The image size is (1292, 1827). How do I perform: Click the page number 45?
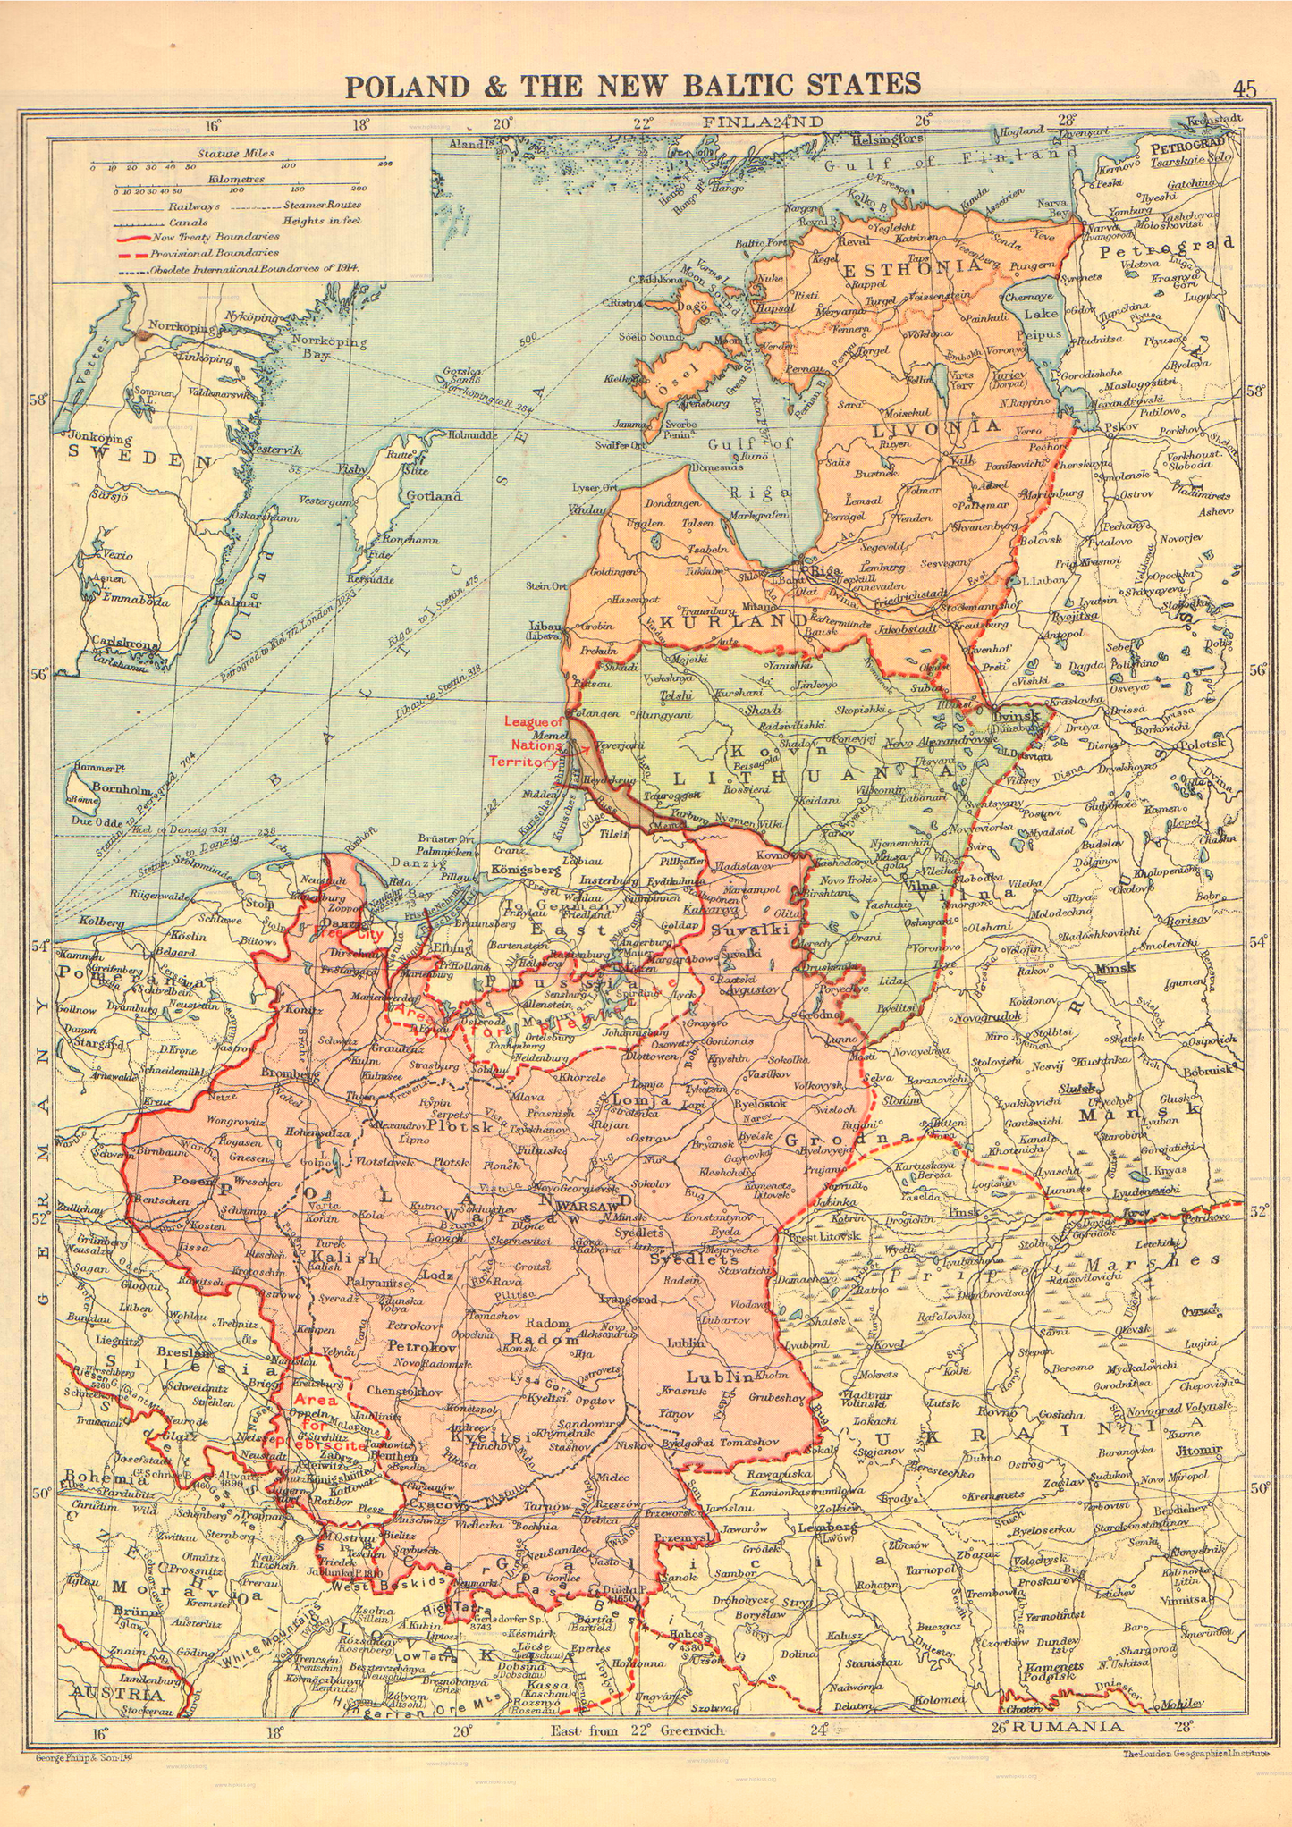pyautogui.click(x=1244, y=88)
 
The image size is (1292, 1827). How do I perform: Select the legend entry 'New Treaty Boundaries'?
pyautogui.click(x=215, y=237)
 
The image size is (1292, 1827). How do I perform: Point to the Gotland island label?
pyautogui.click(x=434, y=495)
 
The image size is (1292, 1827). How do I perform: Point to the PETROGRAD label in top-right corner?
pyautogui.click(x=1186, y=147)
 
